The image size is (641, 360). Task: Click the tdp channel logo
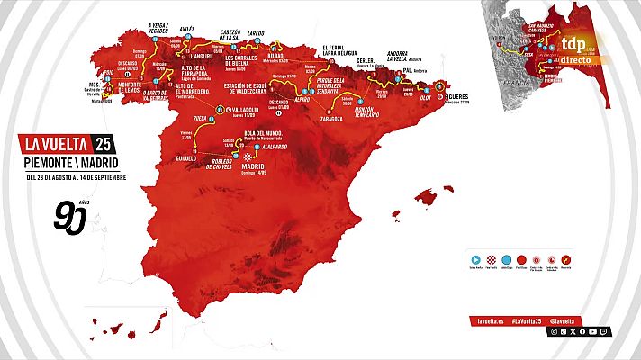tap(573, 42)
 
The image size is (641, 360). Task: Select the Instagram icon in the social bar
tap(554, 332)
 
